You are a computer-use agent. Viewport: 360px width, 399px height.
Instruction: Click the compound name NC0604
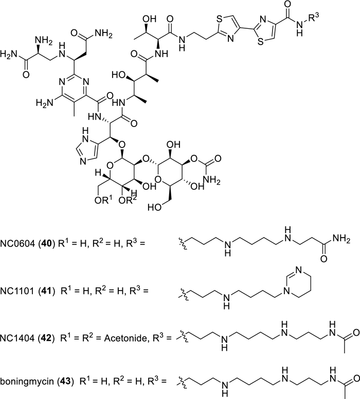17,244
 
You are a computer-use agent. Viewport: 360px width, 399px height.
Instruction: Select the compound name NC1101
17,291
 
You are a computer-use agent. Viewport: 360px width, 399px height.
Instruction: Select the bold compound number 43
66,382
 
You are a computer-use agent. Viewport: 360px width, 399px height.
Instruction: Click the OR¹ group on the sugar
103,200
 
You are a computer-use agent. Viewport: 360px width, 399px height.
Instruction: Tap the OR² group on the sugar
128,200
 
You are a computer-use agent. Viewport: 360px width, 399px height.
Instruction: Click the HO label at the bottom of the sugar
154,207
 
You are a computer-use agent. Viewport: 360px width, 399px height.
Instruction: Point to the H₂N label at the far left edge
9,54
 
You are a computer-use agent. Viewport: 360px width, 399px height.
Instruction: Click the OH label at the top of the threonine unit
149,19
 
